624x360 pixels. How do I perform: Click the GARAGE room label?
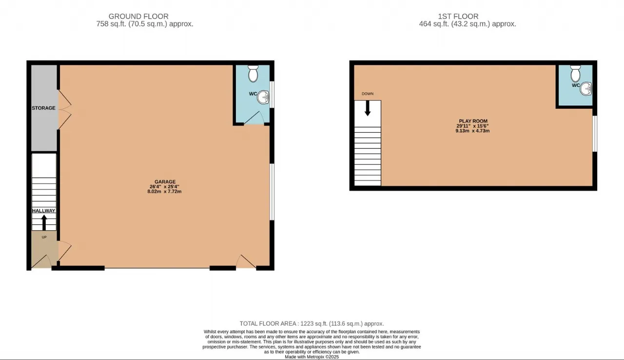[x=165, y=181]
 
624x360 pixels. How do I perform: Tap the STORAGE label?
[x=43, y=108]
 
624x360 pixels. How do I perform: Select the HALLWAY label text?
[x=44, y=211]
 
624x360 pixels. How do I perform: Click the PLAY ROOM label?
[x=473, y=121]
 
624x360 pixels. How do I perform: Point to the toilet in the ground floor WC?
[x=253, y=74]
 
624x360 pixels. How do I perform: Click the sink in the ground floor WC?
[x=263, y=97]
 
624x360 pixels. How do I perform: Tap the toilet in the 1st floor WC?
[x=575, y=74]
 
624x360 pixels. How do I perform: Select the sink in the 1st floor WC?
[x=586, y=89]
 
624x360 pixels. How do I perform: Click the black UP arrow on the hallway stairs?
[x=44, y=222]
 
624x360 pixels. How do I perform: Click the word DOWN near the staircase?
[x=368, y=94]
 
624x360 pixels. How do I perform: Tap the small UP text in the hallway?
[x=44, y=237]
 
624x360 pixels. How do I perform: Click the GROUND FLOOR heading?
[x=138, y=17]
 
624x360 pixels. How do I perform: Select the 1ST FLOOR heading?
[x=458, y=17]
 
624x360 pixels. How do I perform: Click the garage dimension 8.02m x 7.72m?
[x=164, y=191]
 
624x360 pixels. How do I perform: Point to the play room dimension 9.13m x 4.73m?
[x=472, y=131]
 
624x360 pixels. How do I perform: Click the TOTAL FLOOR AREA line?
[x=312, y=323]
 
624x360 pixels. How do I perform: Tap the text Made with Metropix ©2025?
[x=312, y=357]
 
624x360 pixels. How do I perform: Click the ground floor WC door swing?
[x=254, y=118]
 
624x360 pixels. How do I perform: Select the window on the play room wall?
[x=595, y=134]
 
